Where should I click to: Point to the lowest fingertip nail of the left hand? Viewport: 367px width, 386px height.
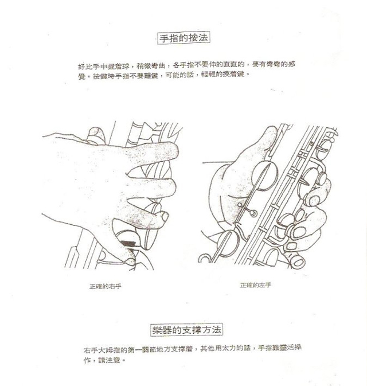tap(297, 259)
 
